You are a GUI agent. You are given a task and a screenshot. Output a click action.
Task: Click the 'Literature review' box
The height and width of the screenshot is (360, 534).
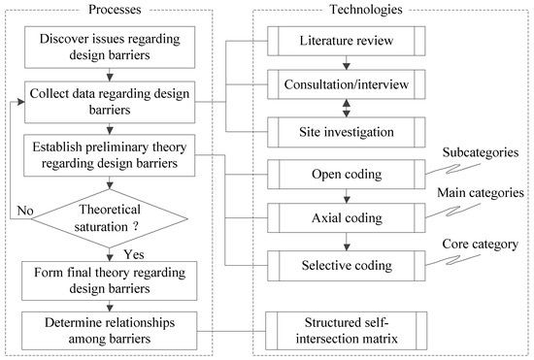347,42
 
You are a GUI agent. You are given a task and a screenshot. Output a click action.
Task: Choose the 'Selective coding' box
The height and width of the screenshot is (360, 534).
347,263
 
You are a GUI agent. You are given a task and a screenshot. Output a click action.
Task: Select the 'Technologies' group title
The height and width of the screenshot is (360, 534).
348,9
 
